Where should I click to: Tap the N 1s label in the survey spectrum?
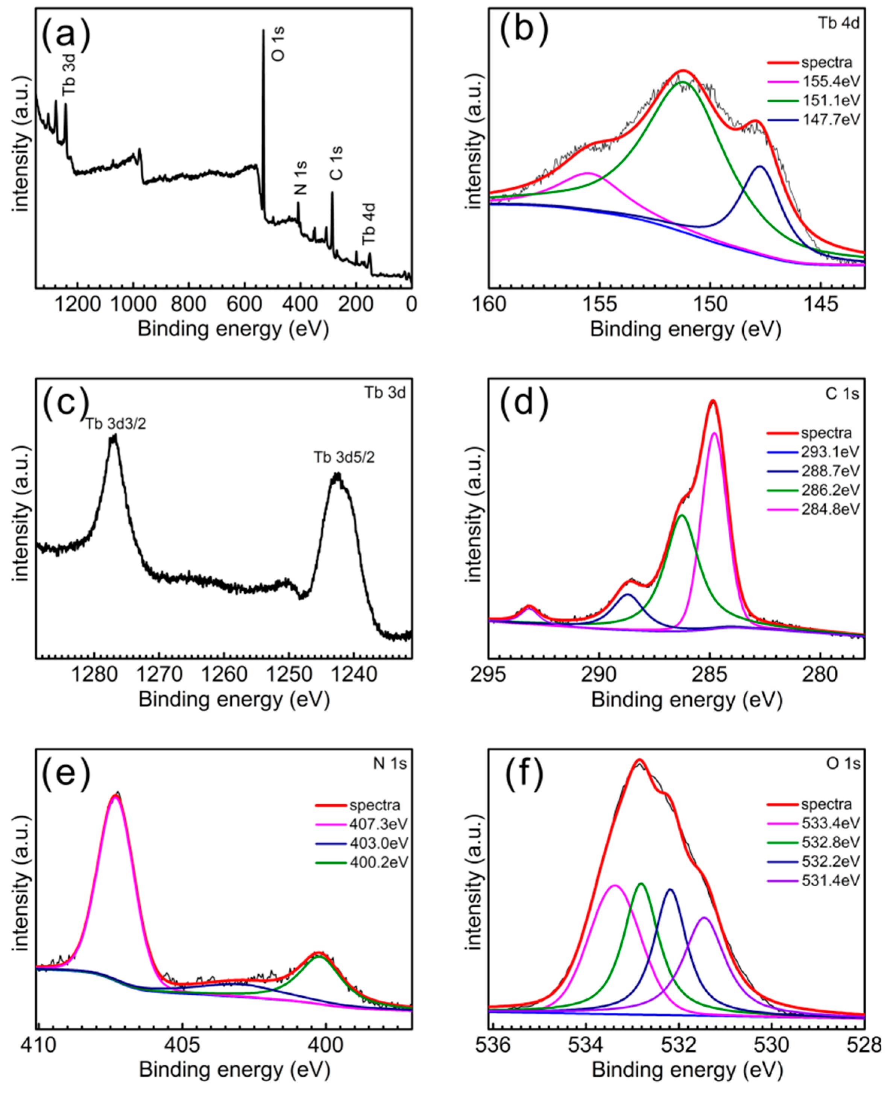click(301, 178)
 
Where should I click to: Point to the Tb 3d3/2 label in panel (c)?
click(116, 424)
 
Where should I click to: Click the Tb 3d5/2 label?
click(344, 457)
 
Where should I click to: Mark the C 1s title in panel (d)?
click(842, 394)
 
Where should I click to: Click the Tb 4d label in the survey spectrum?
click(369, 224)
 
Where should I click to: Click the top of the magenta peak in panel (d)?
click(714, 433)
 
